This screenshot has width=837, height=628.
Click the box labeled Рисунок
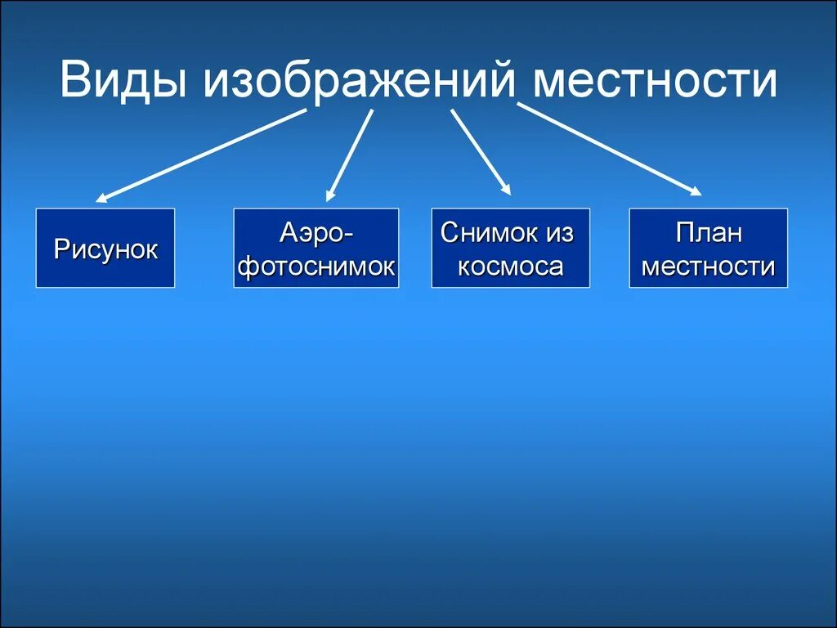coord(105,249)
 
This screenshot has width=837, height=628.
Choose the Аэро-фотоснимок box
coord(316,249)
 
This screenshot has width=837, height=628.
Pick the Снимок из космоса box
coord(510,249)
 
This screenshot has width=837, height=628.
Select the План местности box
coord(708,249)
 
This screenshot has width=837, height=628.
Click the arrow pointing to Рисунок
coord(200,155)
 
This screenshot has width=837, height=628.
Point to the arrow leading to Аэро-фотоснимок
coord(349,155)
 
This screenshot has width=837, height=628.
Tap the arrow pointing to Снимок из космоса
coord(481,152)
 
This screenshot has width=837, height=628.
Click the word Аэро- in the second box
coord(316,233)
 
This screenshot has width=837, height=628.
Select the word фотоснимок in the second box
coord(316,267)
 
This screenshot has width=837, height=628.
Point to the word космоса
coord(510,267)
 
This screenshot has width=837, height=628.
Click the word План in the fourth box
coord(708,233)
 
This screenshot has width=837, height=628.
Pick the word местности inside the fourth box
coord(708,267)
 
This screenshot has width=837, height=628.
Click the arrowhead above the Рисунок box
coord(102,197)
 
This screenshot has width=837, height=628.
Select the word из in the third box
coord(560,233)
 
